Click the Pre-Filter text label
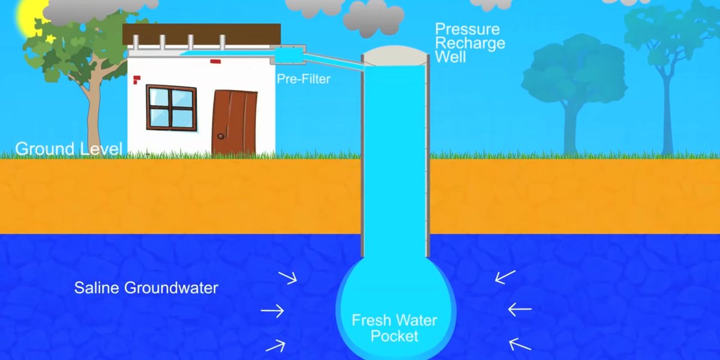303,79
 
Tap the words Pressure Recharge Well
469,43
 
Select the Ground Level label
68,149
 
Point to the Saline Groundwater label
146,287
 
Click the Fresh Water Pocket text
394,328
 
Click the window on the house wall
171,107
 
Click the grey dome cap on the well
395,55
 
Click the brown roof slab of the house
202,34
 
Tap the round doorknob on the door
220,137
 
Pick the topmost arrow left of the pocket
287,277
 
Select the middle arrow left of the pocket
272,311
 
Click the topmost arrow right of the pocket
505,277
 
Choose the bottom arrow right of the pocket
520,344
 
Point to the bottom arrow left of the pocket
275,344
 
